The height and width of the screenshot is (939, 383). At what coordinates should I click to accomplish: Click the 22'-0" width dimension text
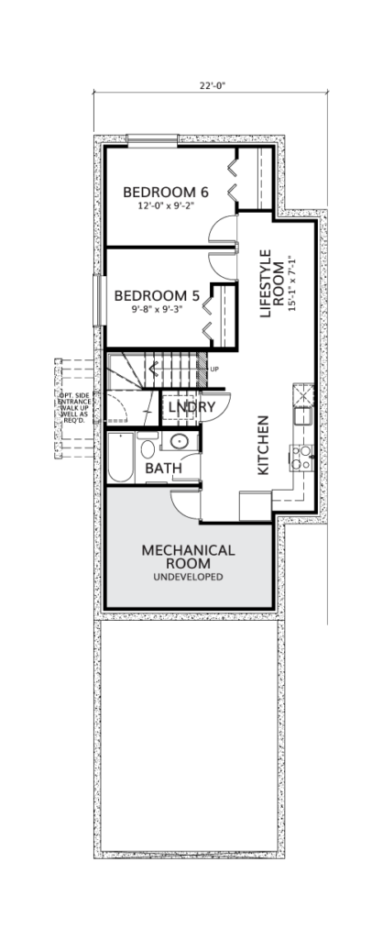(x=213, y=85)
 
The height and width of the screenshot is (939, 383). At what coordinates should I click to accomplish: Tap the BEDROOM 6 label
(x=166, y=193)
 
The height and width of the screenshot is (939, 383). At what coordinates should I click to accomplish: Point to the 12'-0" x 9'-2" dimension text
(x=167, y=204)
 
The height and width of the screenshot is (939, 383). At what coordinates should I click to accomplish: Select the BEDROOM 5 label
(x=157, y=296)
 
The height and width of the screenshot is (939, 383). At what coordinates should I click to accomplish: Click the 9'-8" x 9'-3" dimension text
(x=157, y=309)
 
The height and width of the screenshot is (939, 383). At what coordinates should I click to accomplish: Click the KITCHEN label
(x=263, y=446)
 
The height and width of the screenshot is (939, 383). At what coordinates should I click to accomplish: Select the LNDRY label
(x=191, y=407)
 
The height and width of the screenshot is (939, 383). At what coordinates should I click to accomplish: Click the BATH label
(x=163, y=469)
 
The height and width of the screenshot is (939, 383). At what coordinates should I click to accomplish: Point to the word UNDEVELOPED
(x=188, y=578)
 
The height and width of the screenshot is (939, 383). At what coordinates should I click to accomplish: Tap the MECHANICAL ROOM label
(x=188, y=557)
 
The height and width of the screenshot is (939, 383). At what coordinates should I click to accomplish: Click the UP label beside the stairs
(x=214, y=369)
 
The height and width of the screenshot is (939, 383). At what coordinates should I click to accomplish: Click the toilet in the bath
(x=148, y=447)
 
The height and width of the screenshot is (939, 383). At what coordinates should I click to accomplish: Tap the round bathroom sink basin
(x=180, y=441)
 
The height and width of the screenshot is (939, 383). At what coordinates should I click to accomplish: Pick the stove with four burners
(x=301, y=457)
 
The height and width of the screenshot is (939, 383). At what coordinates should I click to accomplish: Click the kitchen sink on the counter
(x=302, y=415)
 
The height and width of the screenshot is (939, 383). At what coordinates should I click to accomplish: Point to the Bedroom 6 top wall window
(x=153, y=140)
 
